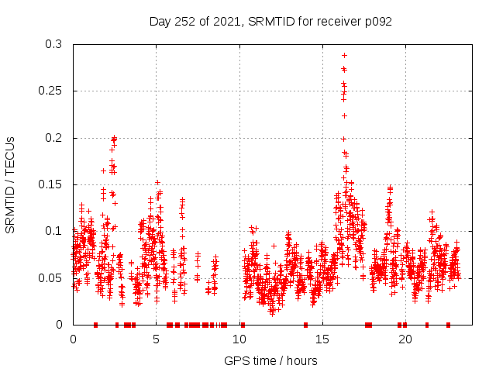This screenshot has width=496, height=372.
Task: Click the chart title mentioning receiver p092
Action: click(270, 21)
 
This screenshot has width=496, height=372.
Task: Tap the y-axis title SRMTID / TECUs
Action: click(10, 184)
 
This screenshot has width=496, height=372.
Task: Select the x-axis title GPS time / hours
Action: click(270, 360)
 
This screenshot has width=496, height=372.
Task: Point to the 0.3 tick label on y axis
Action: click(53, 44)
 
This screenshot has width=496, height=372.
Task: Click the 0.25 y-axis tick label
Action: click(50, 91)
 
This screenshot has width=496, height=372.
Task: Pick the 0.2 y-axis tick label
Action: click(53, 138)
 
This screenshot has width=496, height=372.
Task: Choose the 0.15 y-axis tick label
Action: click(50, 184)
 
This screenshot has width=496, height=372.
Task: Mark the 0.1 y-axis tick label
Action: click(53, 231)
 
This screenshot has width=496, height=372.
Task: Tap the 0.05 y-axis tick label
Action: click(50, 277)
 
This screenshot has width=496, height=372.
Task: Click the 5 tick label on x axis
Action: click(156, 339)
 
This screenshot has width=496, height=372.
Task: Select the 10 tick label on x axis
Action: click(239, 339)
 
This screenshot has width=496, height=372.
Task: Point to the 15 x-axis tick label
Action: click(322, 339)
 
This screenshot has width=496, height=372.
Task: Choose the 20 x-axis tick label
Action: click(405, 339)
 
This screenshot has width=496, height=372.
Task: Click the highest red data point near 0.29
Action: click(344, 56)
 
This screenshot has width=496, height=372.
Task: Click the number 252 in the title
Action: click(185, 21)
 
